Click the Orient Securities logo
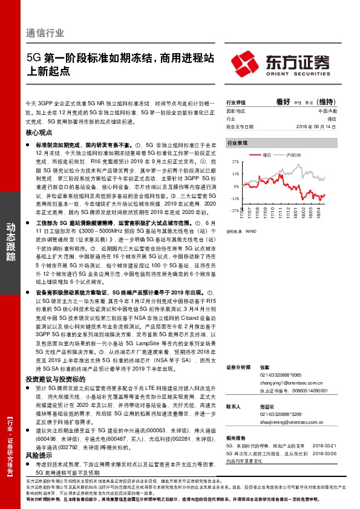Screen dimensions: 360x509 [x=283, y=63]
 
